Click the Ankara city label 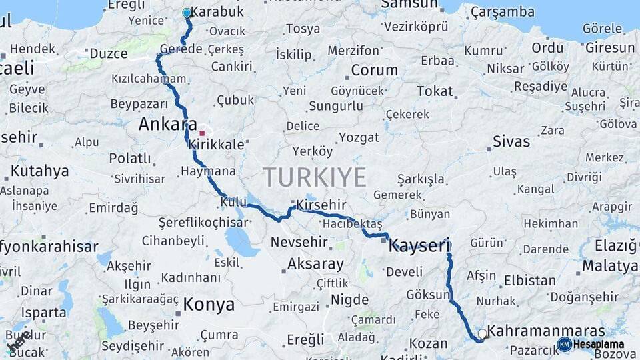(167, 125)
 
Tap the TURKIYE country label (315, 178)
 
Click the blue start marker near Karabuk (187, 13)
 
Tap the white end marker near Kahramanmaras (482, 333)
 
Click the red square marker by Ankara (202, 133)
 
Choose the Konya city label (209, 305)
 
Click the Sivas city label (511, 141)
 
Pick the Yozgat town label (359, 137)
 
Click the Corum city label (374, 70)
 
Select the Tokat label (435, 91)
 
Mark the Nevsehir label (297, 242)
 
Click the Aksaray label (315, 264)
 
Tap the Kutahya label (39, 171)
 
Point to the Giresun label (609, 48)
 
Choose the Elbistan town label (530, 280)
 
